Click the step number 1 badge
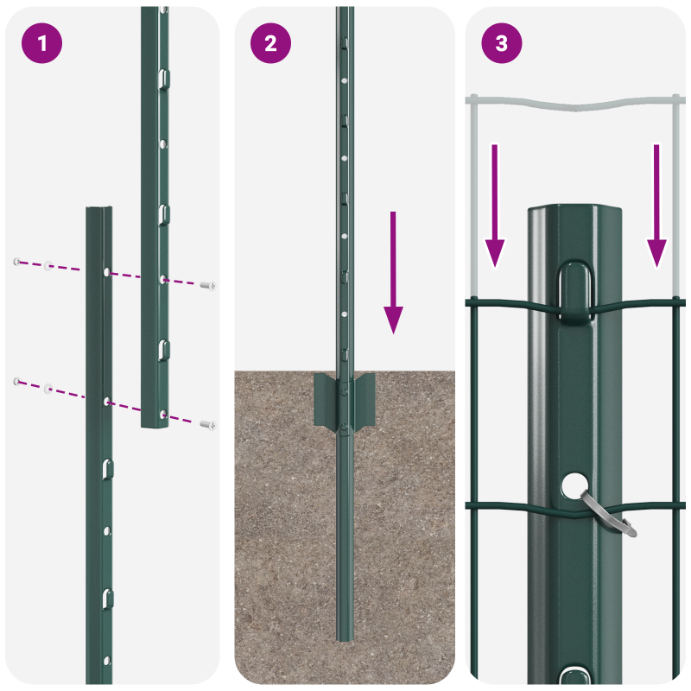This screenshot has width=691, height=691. point(41,44)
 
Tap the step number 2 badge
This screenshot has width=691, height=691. point(271,44)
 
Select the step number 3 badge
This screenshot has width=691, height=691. point(502,44)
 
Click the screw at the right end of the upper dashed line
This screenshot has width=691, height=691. point(207,284)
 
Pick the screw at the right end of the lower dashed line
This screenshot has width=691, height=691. point(207,424)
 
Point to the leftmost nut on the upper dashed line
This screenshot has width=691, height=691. point(16,261)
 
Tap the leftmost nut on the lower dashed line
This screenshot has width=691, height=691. point(16,380)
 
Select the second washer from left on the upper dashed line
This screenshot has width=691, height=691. point(49,265)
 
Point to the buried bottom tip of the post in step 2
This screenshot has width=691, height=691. point(345,637)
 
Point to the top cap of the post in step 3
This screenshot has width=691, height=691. point(576,213)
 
